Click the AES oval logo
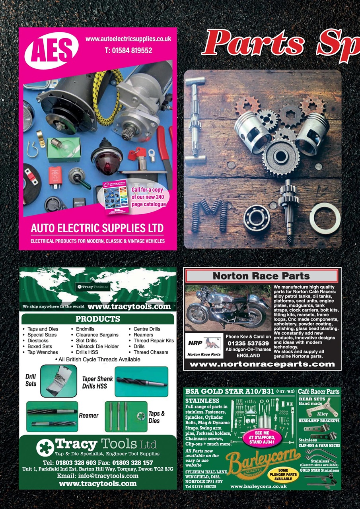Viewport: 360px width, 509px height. pyautogui.click(x=52, y=51)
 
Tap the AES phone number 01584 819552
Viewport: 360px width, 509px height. pyautogui.click(x=128, y=51)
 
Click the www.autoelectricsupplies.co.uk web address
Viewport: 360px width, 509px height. pyautogui.click(x=128, y=39)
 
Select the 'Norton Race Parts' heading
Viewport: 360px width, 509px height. pyautogui.click(x=261, y=276)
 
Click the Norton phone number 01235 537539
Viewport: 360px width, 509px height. pyautogui.click(x=248, y=343)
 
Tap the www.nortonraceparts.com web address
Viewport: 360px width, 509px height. pyautogui.click(x=262, y=364)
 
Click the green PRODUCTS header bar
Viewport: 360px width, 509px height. pyautogui.click(x=97, y=319)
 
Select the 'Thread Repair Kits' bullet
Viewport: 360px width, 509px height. pyautogui.click(x=154, y=341)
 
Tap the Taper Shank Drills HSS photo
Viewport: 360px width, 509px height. pyautogui.click(x=141, y=381)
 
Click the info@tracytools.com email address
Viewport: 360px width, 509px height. pyautogui.click(x=98, y=476)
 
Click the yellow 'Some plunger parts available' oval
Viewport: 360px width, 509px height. pyautogui.click(x=283, y=474)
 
